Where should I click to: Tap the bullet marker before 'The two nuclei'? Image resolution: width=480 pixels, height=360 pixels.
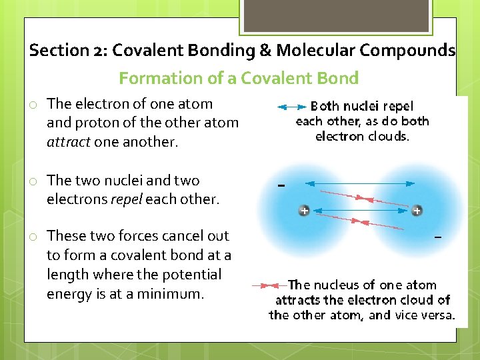click(32, 181)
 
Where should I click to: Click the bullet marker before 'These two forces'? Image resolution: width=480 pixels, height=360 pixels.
click(32, 237)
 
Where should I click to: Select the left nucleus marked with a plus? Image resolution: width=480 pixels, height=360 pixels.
click(303, 211)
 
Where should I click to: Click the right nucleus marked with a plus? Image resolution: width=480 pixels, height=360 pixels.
click(417, 211)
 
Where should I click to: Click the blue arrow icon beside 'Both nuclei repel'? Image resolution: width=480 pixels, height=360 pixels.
click(291, 107)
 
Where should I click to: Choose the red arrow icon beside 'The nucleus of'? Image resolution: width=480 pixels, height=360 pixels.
click(269, 285)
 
